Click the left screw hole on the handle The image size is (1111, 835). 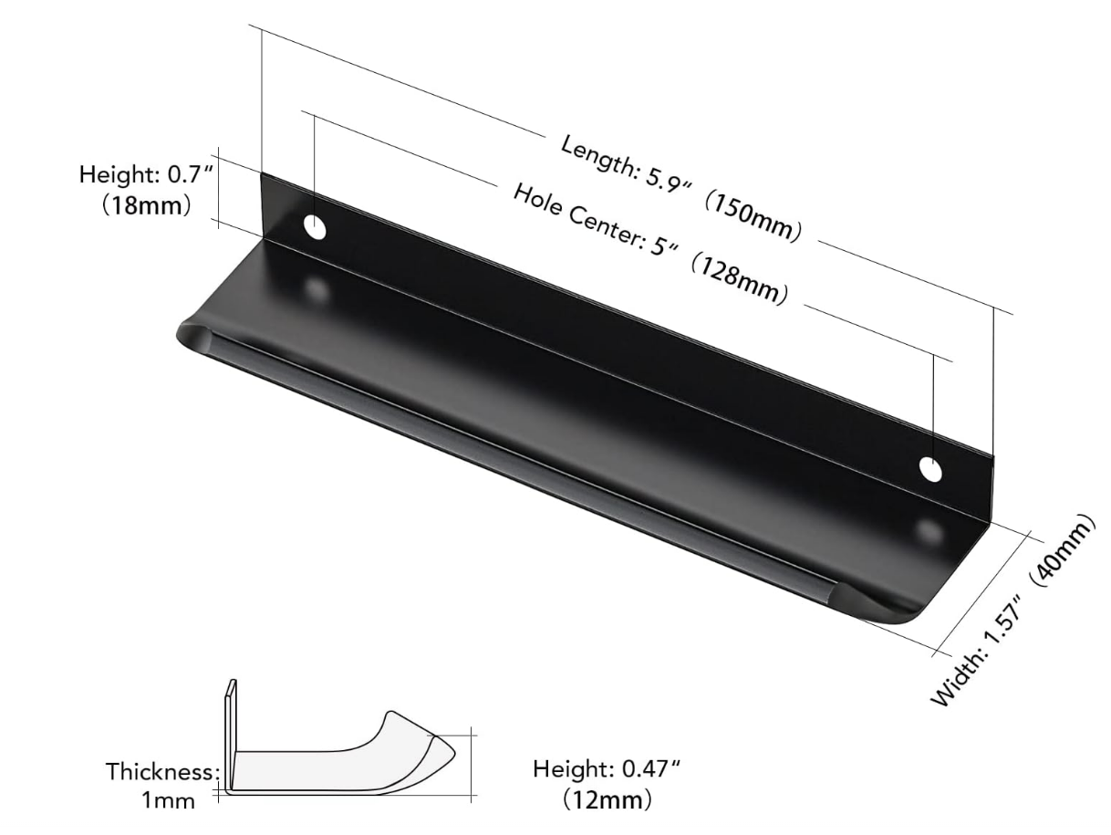[315, 227]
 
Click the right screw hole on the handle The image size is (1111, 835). [930, 469]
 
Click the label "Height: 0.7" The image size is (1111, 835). [146, 173]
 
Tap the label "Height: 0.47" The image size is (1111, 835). [607, 769]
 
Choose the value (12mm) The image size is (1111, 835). [607, 800]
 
